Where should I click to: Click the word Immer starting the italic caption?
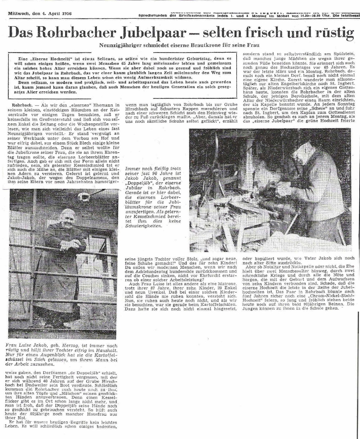(132, 168)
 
